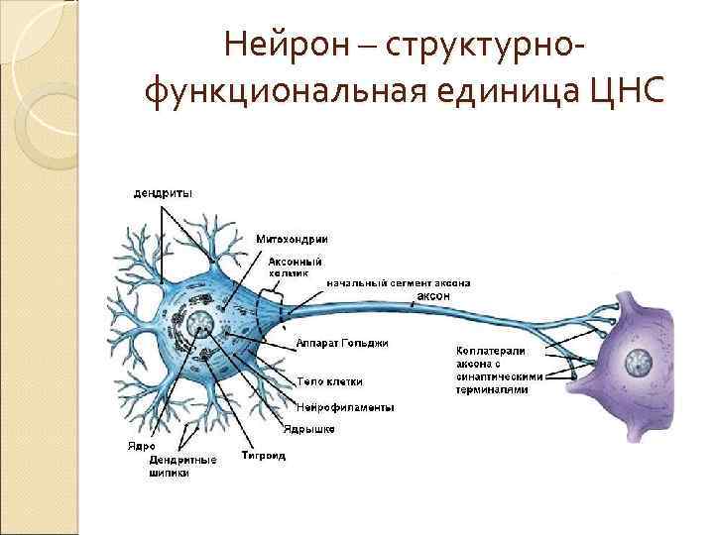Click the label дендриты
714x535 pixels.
164,193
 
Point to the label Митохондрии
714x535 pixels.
293,239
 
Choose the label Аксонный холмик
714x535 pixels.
296,266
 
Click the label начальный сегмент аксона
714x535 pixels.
399,282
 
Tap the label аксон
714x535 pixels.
433,295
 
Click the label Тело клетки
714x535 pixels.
330,381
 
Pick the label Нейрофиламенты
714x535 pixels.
346,407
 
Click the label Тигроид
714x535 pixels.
264,456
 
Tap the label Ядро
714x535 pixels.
141,446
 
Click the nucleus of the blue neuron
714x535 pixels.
200,324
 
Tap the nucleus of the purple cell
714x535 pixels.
632,364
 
